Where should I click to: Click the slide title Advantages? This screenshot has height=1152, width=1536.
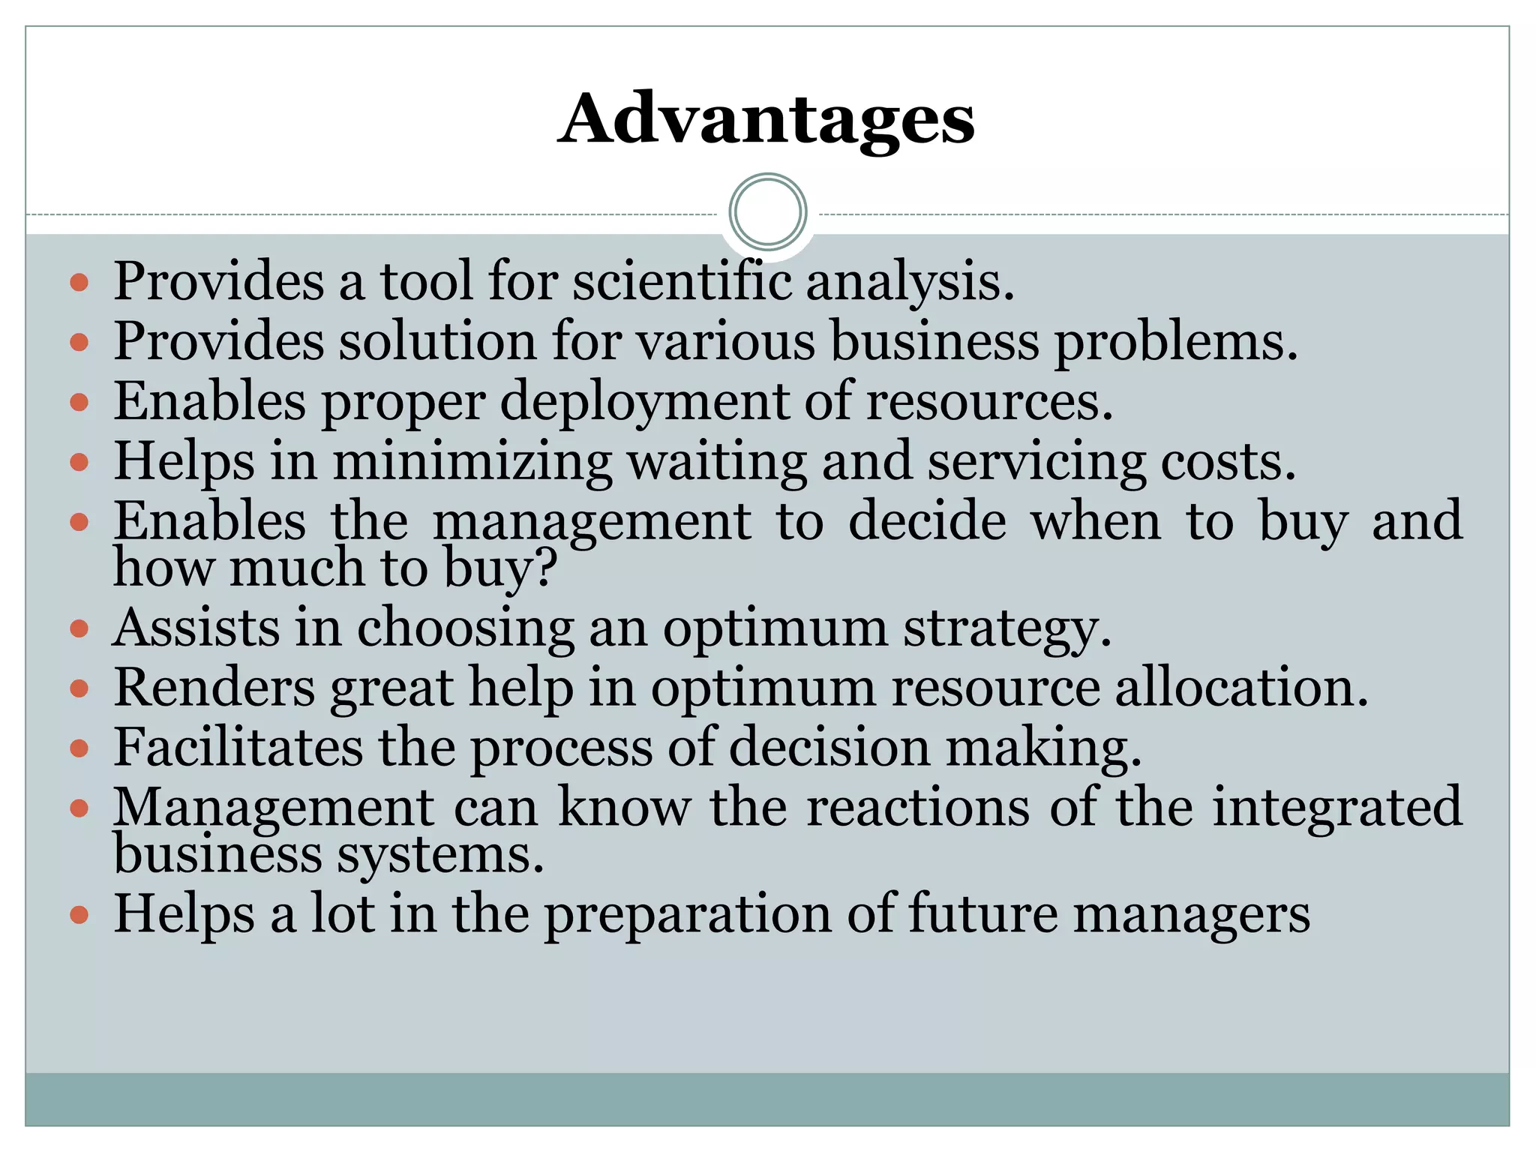tap(766, 120)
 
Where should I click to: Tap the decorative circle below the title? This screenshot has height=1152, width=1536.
tap(767, 212)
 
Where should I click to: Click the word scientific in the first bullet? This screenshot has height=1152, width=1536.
tap(682, 281)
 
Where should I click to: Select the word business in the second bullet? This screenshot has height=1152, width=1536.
tap(934, 341)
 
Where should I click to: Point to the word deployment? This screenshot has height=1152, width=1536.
tap(643, 403)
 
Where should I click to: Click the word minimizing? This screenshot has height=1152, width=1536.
tap(472, 461)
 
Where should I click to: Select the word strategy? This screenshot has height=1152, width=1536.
tap(1006, 628)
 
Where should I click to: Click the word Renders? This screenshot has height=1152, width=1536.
tap(214, 687)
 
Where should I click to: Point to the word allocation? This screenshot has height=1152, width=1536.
tap(1240, 687)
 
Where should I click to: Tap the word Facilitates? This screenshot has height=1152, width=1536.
tap(238, 747)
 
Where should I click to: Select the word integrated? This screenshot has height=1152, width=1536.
tap(1336, 807)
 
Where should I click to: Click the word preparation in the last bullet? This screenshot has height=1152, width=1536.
tap(687, 915)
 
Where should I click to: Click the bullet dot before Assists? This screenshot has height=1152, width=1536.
tap(79, 628)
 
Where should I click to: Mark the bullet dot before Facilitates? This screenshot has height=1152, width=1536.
tap(79, 748)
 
